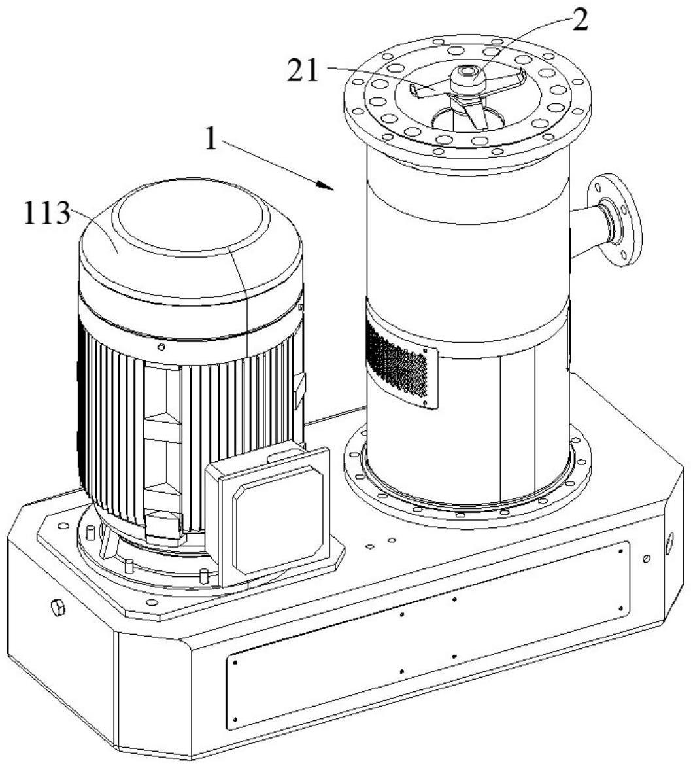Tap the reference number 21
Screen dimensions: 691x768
[x=303, y=71]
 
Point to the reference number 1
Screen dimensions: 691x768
[x=211, y=139]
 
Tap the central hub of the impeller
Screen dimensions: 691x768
[x=467, y=79]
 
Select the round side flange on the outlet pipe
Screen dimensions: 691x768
[x=614, y=220]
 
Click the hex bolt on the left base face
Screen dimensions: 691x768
[x=58, y=608]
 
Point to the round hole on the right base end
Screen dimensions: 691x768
[x=669, y=543]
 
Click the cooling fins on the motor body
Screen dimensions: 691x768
[x=191, y=431]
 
